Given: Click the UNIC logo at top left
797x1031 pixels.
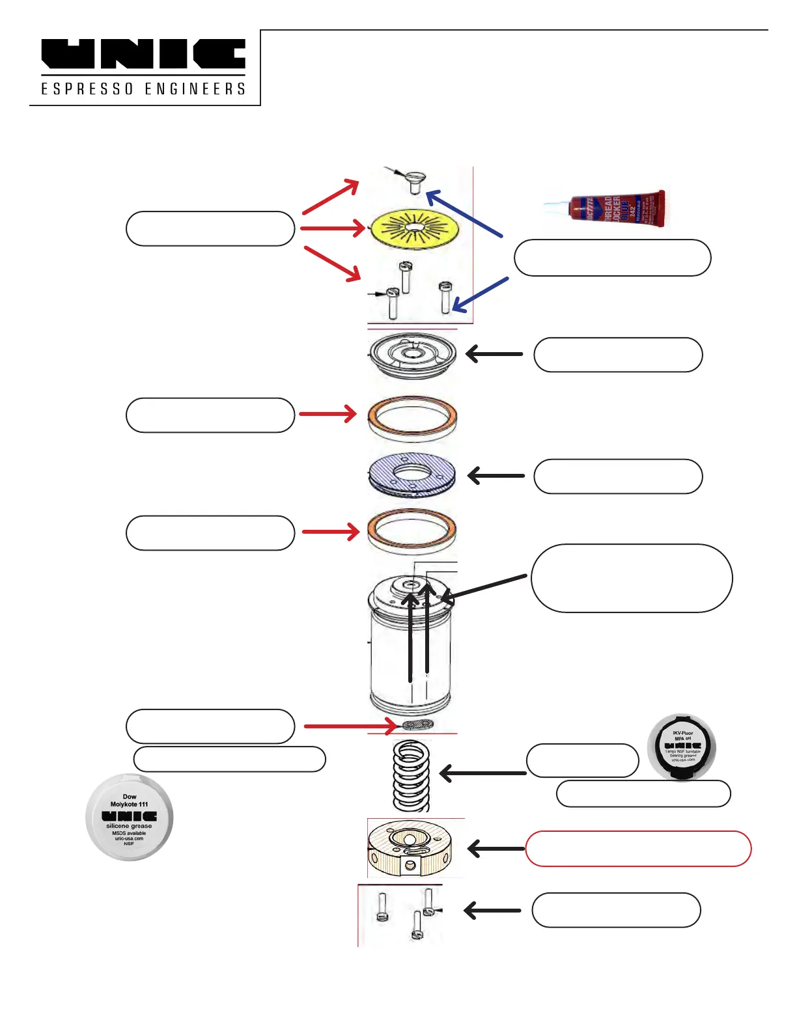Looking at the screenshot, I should click(x=143, y=55).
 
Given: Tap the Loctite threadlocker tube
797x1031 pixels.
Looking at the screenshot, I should click(x=606, y=208).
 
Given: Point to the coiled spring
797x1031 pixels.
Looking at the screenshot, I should click(x=412, y=776).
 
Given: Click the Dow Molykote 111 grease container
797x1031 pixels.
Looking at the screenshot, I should click(x=130, y=818).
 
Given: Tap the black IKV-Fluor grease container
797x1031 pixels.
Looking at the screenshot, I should click(x=682, y=747).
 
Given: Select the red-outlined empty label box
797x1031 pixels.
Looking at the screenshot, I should click(x=638, y=849).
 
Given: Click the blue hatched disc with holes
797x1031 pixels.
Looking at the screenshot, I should click(x=412, y=474).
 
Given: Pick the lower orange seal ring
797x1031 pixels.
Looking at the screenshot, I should click(x=412, y=530).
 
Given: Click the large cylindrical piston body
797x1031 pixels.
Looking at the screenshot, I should click(x=410, y=651).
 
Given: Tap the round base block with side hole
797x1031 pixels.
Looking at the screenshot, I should click(x=410, y=849).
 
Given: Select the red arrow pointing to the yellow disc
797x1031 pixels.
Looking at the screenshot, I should click(x=332, y=228).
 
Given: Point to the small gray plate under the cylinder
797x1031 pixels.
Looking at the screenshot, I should click(x=417, y=725).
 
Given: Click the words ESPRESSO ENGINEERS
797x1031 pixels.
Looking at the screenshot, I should click(x=143, y=89).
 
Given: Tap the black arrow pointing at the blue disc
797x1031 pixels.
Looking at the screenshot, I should click(x=496, y=476).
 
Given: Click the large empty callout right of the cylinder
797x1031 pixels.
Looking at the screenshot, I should click(x=632, y=578).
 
